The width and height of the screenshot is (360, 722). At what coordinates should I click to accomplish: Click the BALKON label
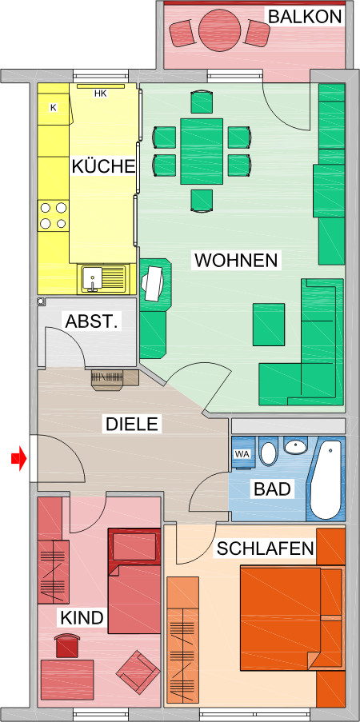(305, 16)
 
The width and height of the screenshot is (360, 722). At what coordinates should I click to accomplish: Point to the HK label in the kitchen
(100, 94)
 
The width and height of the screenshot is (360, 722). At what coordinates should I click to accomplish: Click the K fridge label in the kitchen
(54, 107)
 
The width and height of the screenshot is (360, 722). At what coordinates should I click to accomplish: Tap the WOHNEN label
(236, 260)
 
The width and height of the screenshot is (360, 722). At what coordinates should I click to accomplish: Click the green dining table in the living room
(201, 150)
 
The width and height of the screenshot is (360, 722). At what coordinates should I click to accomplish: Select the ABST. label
(92, 322)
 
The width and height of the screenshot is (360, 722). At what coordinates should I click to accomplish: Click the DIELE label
(132, 424)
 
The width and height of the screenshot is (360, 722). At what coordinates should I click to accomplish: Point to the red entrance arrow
(18, 458)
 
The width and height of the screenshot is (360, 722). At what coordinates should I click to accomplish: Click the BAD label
(272, 489)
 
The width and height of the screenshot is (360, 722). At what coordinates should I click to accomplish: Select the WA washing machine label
(241, 454)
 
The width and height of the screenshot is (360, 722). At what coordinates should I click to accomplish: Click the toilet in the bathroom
(268, 453)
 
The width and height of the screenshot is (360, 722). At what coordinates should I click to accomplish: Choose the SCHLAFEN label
(265, 548)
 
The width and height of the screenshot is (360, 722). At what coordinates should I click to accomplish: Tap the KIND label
(82, 617)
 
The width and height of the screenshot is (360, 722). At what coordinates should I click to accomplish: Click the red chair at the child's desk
(66, 644)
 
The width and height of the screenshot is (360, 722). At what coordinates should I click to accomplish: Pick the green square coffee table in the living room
(269, 324)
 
